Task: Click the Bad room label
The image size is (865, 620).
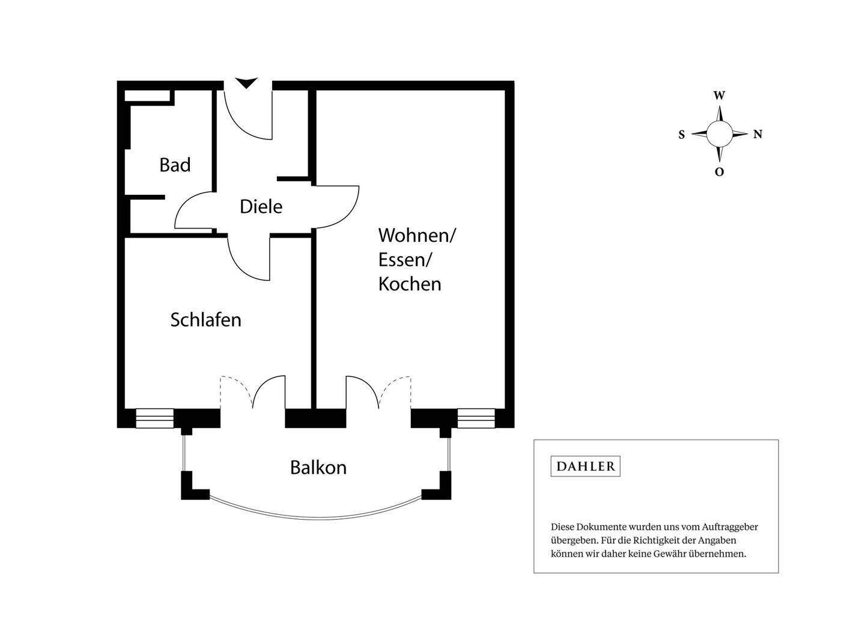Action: pos(175,165)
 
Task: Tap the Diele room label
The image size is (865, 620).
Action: pos(261,207)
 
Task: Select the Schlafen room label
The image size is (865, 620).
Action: pos(205,320)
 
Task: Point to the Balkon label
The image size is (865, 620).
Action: pos(318,468)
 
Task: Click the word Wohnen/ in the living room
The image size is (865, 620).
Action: pos(417,235)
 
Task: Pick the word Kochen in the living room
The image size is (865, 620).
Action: pos(410,284)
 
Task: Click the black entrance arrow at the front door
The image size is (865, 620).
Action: pos(246,83)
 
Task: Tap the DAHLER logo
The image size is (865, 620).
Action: pos(585,466)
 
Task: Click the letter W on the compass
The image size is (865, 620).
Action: pos(719,96)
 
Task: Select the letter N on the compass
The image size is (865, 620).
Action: pos(757,135)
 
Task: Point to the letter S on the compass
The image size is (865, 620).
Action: pos(681,135)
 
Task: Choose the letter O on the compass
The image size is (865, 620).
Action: pos(719,172)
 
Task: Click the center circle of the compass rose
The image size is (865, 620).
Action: pos(719,134)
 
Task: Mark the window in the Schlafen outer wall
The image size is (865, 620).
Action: pos(154,418)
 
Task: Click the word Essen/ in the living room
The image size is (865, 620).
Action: pos(405,260)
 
